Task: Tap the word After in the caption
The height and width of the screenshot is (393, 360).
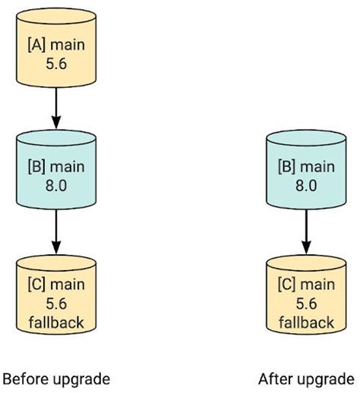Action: point(274,379)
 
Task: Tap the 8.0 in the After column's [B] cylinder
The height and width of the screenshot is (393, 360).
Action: point(306,184)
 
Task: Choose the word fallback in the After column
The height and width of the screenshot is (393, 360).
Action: point(306,323)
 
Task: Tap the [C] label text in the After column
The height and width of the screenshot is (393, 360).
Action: point(286,285)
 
